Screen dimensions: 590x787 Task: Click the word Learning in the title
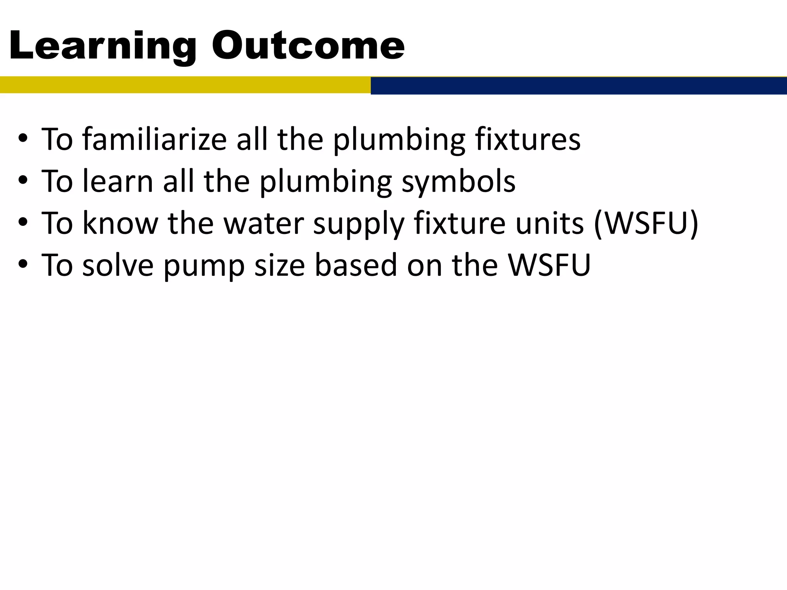pyautogui.click(x=102, y=46)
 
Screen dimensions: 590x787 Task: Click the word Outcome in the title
pyautogui.click(x=308, y=46)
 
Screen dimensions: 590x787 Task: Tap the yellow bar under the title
pyautogui.click(x=184, y=85)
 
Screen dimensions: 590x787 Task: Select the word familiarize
pyautogui.click(x=154, y=139)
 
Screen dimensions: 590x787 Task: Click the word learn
pyautogui.click(x=118, y=181)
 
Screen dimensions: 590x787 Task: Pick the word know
pyautogui.click(x=120, y=223)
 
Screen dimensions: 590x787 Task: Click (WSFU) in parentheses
pyautogui.click(x=646, y=223)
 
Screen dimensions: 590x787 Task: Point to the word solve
pyautogui.click(x=118, y=265)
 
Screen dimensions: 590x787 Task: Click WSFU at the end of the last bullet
pyautogui.click(x=549, y=265)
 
